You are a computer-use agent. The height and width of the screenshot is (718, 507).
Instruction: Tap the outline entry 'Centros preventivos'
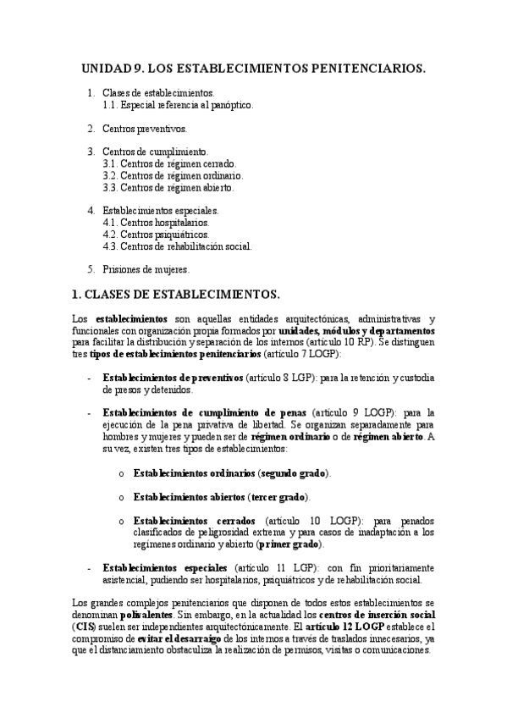tap(144, 129)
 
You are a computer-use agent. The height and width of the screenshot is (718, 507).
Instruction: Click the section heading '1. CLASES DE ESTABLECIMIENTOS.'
tap(177, 294)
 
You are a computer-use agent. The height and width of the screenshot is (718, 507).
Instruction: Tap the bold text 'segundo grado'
tap(295, 472)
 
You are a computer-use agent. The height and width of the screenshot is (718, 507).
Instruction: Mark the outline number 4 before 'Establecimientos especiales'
tap(91, 211)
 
